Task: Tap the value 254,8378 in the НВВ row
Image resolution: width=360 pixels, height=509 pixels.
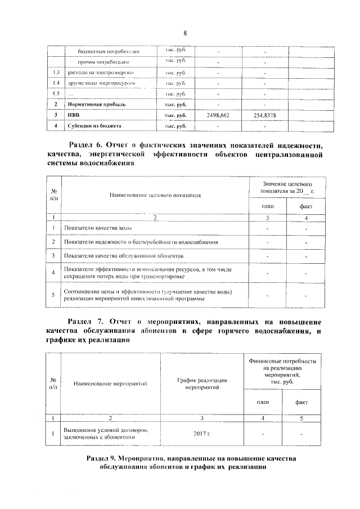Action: click(263, 115)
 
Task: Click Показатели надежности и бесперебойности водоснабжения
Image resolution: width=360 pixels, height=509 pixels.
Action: click(141, 242)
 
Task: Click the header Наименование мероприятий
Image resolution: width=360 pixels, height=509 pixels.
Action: click(110, 383)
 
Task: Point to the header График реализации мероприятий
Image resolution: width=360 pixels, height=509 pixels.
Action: click(201, 383)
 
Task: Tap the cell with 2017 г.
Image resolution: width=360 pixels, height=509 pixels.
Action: click(201, 434)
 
